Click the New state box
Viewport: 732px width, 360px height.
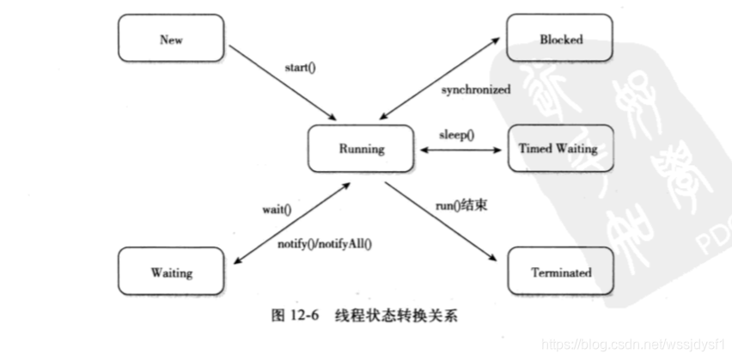click(x=171, y=40)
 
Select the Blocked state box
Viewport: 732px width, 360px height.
click(x=561, y=40)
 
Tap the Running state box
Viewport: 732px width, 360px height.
click(x=361, y=149)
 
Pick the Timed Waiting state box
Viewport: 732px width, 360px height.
click(x=561, y=148)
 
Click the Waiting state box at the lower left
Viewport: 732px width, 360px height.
click(x=171, y=273)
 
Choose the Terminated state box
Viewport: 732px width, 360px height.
click(x=561, y=272)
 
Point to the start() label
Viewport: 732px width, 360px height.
click(x=300, y=67)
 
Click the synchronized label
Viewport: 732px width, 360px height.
click(x=476, y=89)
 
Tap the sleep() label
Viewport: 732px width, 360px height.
click(x=458, y=135)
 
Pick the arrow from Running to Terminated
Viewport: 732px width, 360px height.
click(x=440, y=222)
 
